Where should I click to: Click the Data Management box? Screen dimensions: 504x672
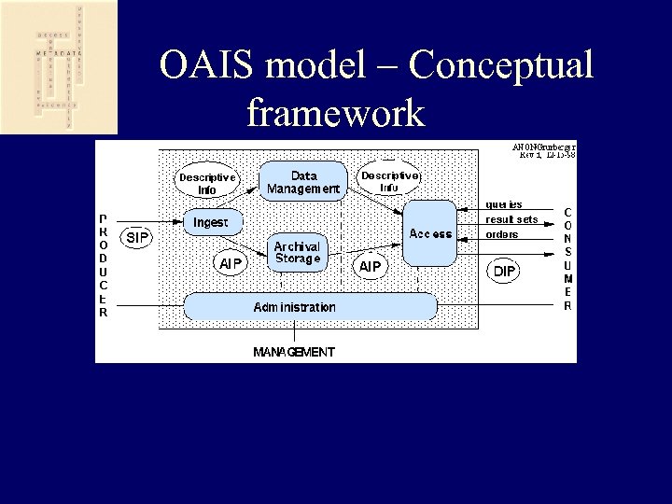point(303,181)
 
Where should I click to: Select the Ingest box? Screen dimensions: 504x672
point(211,222)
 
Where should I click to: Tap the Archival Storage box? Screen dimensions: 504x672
point(297,252)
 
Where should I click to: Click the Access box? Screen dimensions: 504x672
point(430,233)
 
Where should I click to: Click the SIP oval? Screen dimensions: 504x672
point(137,238)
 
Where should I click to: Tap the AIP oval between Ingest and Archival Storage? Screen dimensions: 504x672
point(231,264)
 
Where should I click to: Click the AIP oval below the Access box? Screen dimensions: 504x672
point(371,267)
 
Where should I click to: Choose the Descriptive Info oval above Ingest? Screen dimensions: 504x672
point(207,183)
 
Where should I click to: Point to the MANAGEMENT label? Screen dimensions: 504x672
point(294,352)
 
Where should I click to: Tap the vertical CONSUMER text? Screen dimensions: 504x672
point(567,259)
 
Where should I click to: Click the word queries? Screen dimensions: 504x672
point(504,203)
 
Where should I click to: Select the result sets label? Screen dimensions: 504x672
point(511,219)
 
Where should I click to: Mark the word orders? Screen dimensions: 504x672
point(502,234)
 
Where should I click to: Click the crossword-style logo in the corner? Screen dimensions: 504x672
point(58,67)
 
